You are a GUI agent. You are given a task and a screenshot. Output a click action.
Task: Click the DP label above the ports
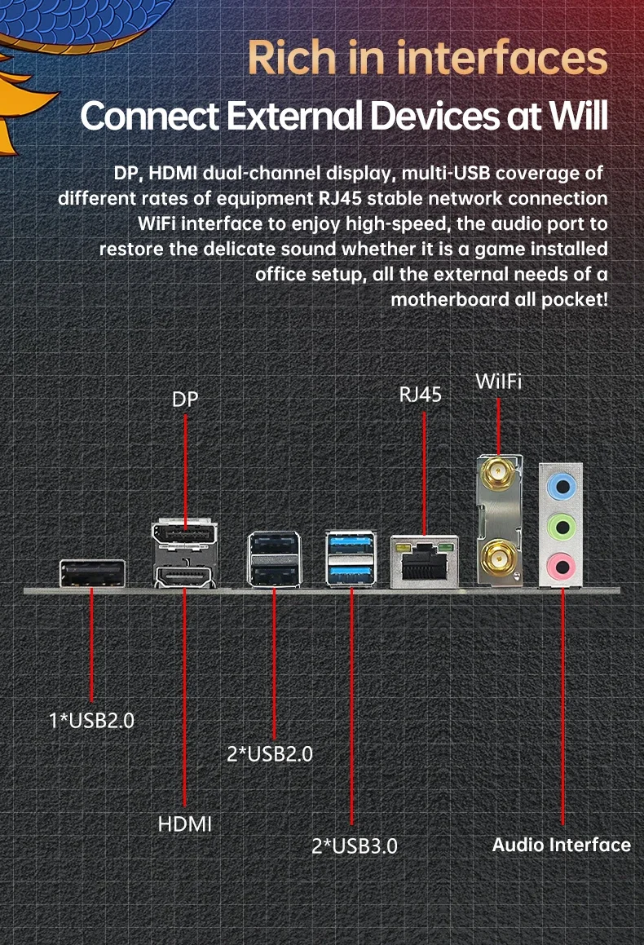185,400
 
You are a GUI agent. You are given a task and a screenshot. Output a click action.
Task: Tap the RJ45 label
420,395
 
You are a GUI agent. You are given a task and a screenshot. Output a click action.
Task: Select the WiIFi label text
498,382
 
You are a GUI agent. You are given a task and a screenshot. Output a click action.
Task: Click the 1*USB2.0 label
91,721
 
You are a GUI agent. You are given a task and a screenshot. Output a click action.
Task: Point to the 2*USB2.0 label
270,753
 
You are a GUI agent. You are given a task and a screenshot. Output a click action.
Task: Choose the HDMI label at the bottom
185,824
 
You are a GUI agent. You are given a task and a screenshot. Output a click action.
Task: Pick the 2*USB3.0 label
355,846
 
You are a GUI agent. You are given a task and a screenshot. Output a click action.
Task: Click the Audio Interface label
561,845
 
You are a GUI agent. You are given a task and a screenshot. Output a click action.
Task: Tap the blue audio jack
562,485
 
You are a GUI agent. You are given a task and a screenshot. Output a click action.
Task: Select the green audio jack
562,523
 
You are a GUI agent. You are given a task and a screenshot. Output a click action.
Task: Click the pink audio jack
562,563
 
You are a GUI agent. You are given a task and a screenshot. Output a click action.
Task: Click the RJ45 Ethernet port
422,561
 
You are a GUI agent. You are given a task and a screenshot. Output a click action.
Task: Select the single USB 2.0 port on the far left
91,574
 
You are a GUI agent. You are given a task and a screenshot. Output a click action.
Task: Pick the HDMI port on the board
183,576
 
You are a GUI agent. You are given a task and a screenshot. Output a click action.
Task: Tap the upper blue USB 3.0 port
351,543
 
